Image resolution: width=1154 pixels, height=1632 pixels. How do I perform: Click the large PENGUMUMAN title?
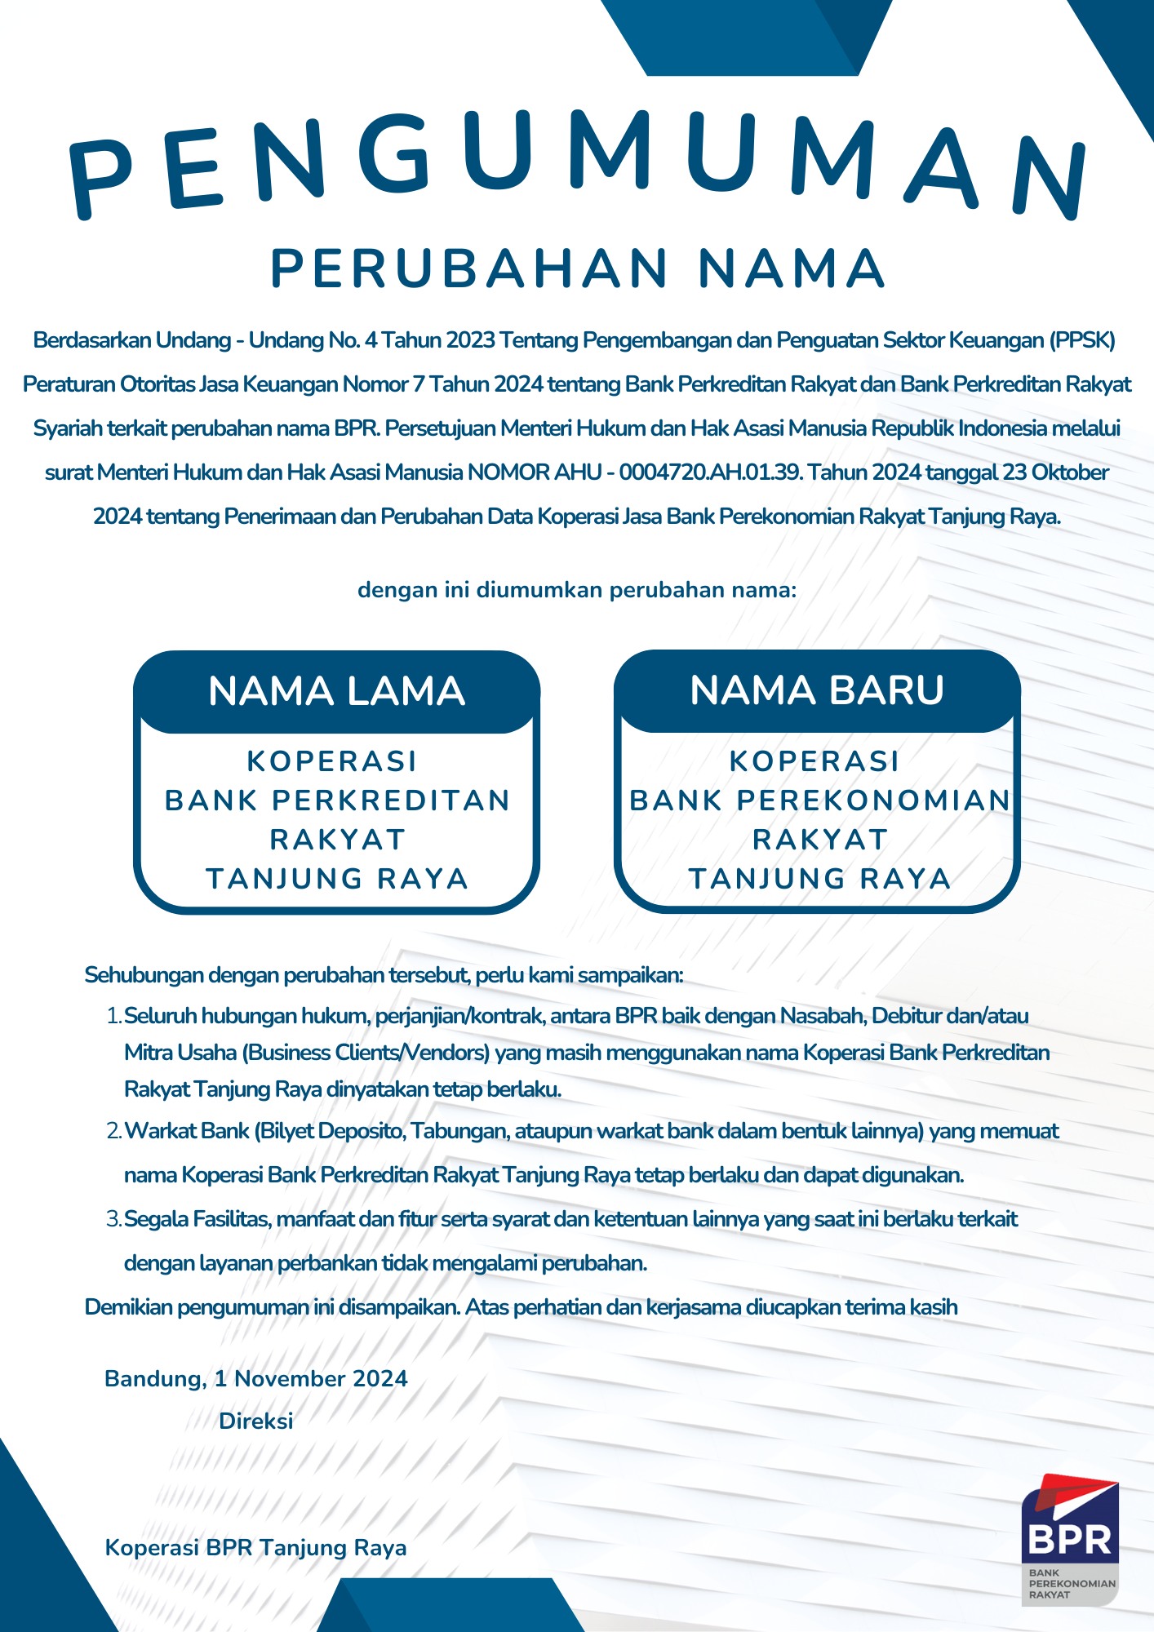(577, 163)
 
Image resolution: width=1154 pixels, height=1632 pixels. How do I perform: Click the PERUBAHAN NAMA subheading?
(577, 268)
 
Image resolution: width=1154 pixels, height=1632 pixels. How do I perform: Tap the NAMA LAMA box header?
(336, 691)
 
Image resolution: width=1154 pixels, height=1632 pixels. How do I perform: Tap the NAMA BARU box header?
(817, 690)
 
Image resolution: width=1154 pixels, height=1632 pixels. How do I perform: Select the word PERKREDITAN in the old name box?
(391, 800)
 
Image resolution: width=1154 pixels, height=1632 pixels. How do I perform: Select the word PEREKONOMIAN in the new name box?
(873, 800)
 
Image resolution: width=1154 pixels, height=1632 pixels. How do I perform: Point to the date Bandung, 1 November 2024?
(255, 1378)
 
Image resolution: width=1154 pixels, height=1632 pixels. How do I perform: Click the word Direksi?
(255, 1421)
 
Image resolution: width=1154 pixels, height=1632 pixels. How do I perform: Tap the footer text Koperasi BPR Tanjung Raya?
(255, 1548)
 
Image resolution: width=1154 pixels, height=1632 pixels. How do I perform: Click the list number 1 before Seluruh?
(113, 1016)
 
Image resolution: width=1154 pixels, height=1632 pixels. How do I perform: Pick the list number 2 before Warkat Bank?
(113, 1132)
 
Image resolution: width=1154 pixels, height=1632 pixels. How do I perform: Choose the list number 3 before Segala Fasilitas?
(113, 1220)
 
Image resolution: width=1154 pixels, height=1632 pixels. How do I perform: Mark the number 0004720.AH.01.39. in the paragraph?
(711, 472)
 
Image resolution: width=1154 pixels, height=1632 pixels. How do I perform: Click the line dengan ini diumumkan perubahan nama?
(577, 590)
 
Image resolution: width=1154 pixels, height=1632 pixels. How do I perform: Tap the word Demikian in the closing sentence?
(128, 1307)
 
